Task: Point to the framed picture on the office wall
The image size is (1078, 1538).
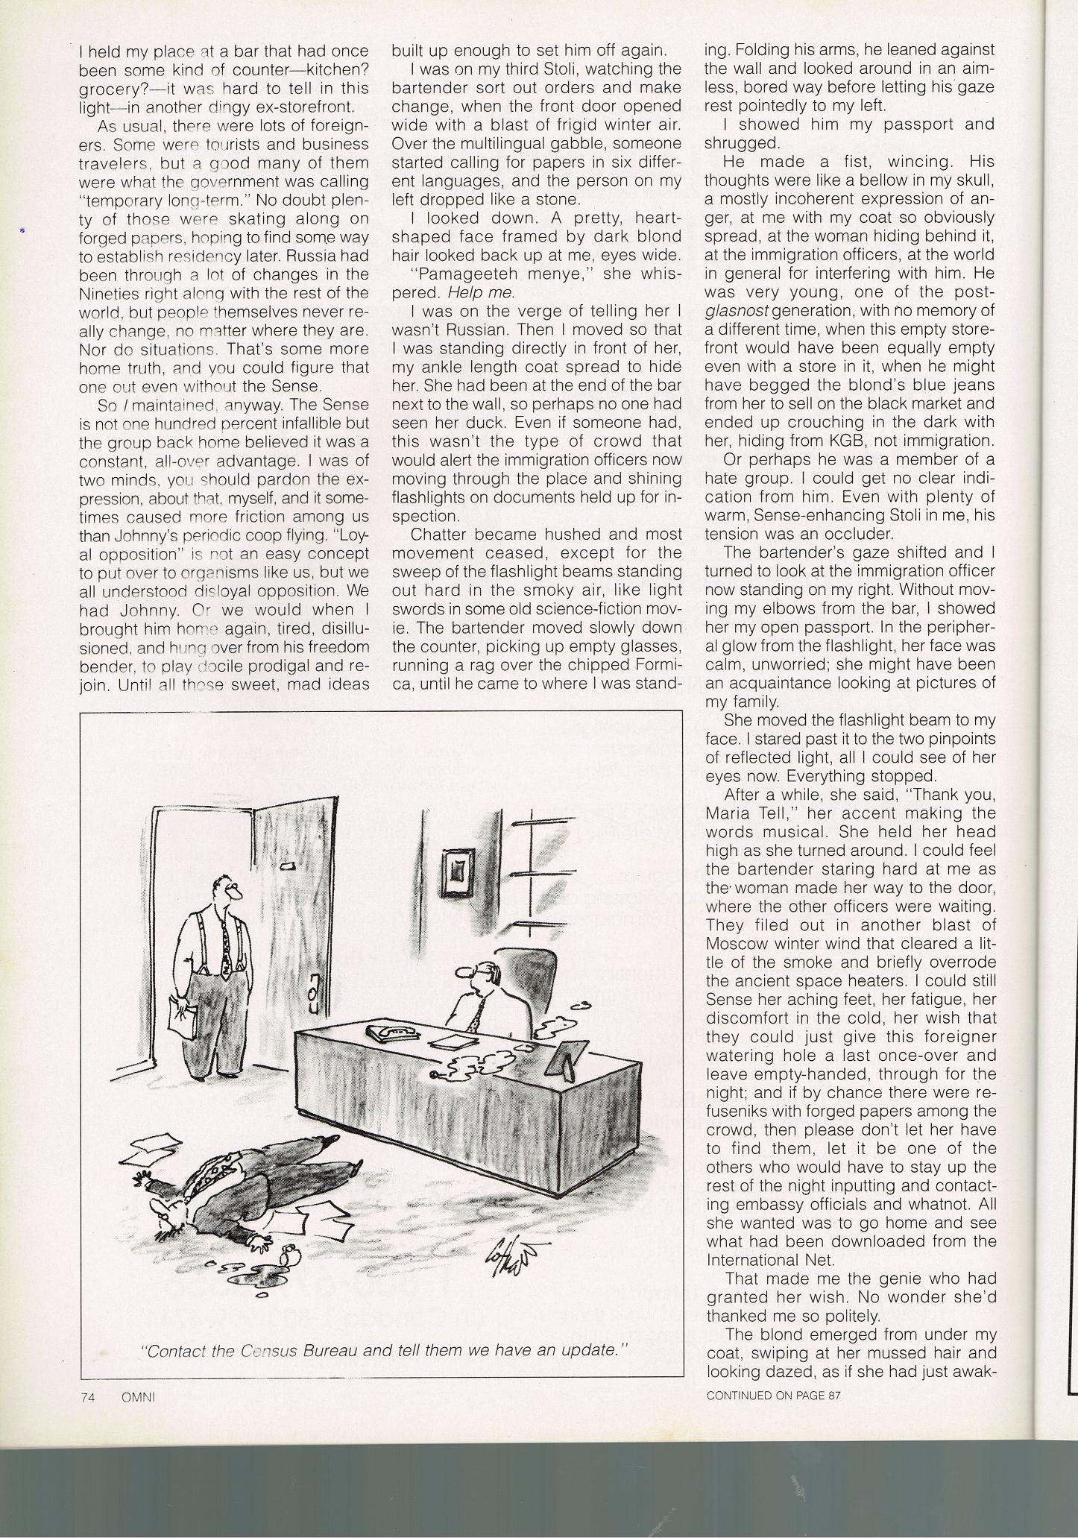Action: [x=458, y=867]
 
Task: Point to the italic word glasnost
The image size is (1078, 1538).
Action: [x=737, y=310]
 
